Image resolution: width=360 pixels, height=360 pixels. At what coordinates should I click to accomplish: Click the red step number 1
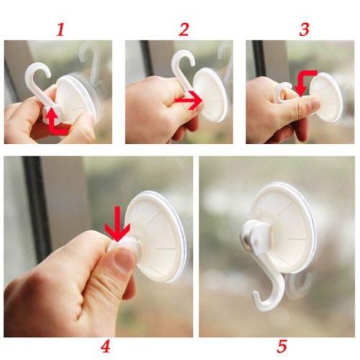[60, 30]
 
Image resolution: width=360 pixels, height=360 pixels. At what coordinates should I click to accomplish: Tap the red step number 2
[184, 30]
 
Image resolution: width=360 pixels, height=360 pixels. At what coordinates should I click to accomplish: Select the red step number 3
[304, 30]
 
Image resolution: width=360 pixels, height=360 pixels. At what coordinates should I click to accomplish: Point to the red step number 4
[105, 346]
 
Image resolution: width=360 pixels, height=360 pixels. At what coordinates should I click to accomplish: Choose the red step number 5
[282, 346]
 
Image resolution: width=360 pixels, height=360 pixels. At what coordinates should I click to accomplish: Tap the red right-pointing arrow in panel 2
[189, 100]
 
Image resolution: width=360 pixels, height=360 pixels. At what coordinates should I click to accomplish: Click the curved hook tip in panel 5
[256, 297]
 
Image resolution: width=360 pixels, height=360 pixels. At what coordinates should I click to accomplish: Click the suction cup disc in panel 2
[210, 95]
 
